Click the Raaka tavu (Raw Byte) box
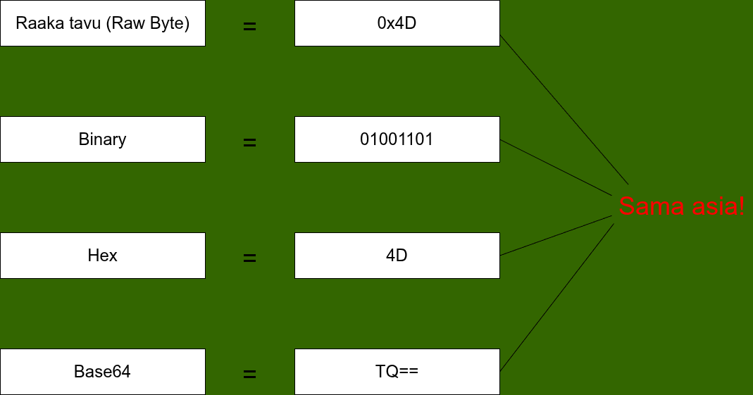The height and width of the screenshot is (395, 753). click(x=102, y=23)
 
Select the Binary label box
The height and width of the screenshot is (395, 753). click(x=102, y=139)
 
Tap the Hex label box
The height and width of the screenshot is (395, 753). click(x=102, y=255)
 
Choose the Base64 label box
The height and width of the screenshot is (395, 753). click(x=102, y=371)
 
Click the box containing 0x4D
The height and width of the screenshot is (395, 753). click(x=397, y=23)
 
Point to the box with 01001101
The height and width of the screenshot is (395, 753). click(x=397, y=139)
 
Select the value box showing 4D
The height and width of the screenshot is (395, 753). click(x=397, y=255)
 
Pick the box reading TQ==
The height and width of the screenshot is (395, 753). click(x=397, y=371)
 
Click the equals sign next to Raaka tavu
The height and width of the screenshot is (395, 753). click(x=249, y=27)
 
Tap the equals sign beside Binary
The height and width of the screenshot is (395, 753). click(x=249, y=142)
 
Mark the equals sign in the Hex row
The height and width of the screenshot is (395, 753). click(x=249, y=258)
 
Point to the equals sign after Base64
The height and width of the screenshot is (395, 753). click(x=249, y=375)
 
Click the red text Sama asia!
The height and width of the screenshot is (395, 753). click(x=681, y=206)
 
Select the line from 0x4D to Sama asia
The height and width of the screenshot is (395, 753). click(x=564, y=109)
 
